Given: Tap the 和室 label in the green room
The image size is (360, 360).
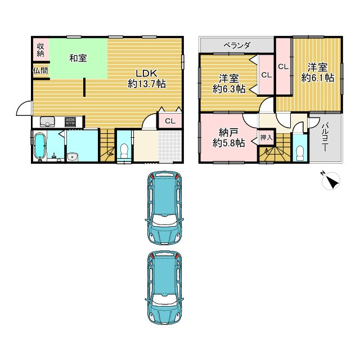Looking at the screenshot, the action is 78,58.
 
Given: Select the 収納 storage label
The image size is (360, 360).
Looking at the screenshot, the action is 40,50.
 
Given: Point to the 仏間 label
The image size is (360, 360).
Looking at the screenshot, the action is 40,70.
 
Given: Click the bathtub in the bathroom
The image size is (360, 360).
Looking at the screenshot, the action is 40,146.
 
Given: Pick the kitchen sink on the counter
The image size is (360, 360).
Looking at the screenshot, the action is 47,122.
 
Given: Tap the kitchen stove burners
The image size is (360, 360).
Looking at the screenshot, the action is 70,122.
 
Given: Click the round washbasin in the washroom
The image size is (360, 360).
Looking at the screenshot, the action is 73,157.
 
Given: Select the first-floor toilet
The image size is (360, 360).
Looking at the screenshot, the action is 124,151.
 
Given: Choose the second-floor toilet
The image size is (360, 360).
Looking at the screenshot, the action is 300,154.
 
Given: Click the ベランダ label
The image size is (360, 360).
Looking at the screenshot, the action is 237,45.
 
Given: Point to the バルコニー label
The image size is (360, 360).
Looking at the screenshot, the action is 325,137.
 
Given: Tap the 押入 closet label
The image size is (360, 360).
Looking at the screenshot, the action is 266,137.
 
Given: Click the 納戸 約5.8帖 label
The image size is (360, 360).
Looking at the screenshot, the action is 228,138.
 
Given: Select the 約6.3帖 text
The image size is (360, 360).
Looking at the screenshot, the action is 229,89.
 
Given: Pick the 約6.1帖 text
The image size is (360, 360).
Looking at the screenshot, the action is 318,78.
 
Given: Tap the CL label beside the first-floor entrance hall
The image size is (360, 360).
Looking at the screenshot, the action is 170,121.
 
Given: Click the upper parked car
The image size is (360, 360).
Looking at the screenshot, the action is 164,208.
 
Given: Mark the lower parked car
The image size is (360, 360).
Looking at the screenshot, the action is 164,287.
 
